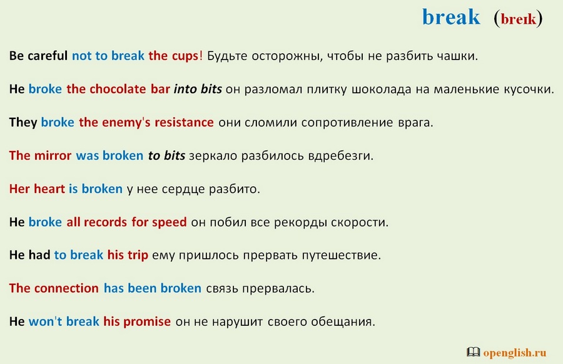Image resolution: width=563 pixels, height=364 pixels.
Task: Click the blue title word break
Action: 451,17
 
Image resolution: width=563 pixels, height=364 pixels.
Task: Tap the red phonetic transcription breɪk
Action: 518,19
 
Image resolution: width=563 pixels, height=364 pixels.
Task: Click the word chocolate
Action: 118,89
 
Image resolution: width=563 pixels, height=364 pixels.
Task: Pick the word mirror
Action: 53,156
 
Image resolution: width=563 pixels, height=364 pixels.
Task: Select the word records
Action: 105,222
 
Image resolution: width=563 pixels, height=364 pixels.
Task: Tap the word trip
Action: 138,256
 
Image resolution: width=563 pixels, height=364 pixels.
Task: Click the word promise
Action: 147,322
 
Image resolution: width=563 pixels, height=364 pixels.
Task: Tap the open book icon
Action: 474,351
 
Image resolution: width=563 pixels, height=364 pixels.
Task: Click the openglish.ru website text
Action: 515,353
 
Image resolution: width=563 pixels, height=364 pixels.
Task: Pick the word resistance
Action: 184,123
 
